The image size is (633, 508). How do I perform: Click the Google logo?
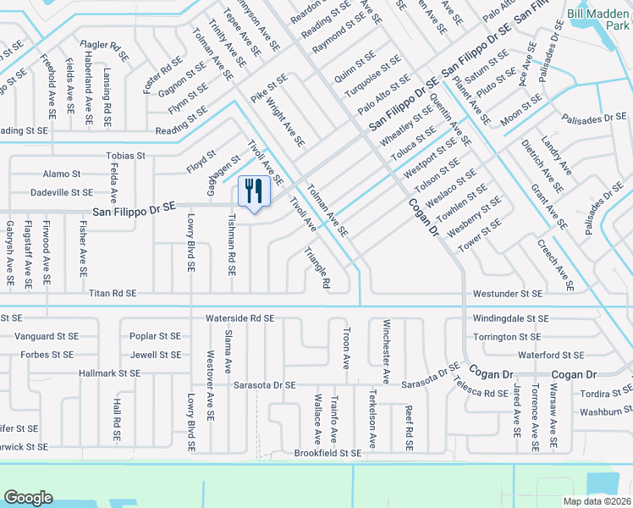click(28, 498)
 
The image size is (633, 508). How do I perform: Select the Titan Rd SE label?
click(113, 294)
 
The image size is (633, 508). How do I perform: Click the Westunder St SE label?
click(508, 294)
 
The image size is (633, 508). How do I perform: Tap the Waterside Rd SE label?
click(240, 318)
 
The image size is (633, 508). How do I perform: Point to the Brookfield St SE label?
click(328, 454)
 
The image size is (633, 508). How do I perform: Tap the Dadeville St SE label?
click(62, 193)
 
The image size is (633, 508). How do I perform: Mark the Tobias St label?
click(125, 157)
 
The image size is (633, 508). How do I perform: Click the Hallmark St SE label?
click(109, 373)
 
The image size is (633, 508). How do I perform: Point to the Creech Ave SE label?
click(555, 266)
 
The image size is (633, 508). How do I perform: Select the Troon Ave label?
click(345, 349)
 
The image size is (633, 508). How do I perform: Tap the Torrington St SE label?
click(508, 337)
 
